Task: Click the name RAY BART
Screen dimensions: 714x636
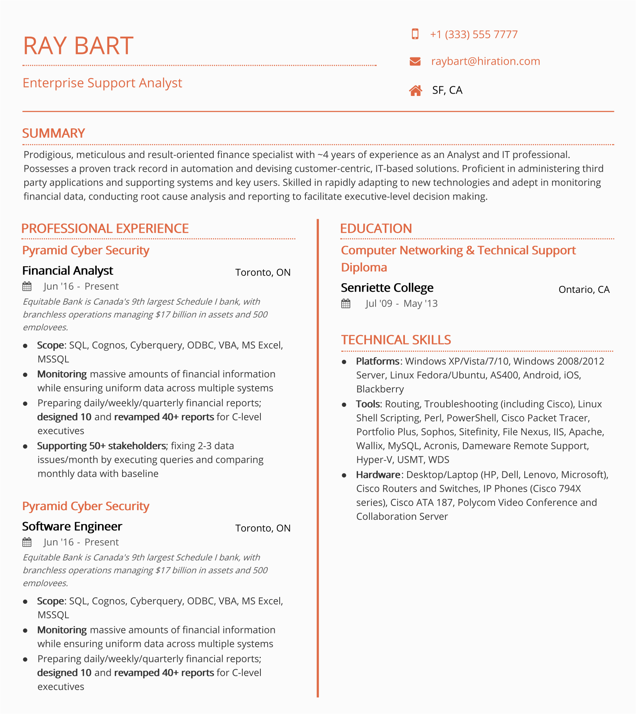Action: [x=78, y=46]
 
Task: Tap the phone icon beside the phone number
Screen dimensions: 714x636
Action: [x=415, y=34]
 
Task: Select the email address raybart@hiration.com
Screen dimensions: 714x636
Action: [x=485, y=61]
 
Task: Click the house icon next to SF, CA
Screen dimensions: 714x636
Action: [x=415, y=91]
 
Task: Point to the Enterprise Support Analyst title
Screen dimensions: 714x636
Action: [x=102, y=83]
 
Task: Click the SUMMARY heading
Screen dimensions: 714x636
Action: [x=53, y=133]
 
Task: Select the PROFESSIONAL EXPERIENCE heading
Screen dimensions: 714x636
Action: [x=105, y=228]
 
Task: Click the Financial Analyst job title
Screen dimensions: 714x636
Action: [x=67, y=271]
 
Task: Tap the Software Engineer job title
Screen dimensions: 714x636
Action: [x=72, y=526]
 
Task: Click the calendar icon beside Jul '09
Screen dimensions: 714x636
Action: [x=346, y=304]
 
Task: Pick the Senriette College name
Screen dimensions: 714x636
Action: [x=387, y=288]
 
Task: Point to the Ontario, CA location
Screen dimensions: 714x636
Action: [x=584, y=289]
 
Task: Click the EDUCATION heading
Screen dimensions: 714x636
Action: [x=376, y=228]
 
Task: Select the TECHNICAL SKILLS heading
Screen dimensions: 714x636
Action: [x=396, y=340]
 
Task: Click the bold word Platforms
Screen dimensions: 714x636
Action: [x=378, y=361]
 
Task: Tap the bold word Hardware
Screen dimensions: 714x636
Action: [x=378, y=475]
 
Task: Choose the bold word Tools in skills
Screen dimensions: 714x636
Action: [x=368, y=404]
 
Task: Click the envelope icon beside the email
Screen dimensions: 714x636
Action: [x=415, y=61]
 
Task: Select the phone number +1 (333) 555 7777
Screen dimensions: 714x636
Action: [x=473, y=35]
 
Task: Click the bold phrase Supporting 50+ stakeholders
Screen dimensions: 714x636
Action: [x=101, y=446]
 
